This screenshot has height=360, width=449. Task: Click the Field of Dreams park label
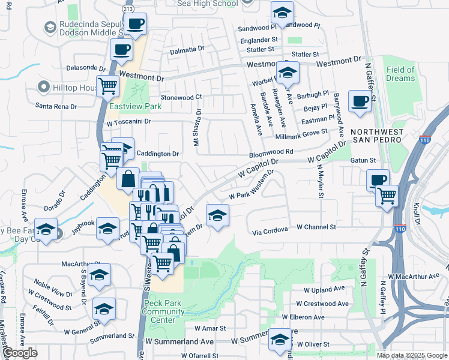click(400, 74)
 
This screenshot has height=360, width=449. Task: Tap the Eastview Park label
click(136, 106)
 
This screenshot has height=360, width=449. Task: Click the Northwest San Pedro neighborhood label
click(383, 136)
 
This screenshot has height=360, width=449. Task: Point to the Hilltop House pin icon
click(43, 88)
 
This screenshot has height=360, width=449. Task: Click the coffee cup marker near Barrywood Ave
click(360, 101)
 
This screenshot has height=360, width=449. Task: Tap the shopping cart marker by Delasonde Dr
click(107, 85)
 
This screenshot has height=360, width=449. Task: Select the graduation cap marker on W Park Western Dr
click(217, 215)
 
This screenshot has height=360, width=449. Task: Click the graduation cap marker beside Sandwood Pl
click(282, 12)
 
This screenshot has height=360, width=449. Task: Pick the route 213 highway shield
click(127, 10)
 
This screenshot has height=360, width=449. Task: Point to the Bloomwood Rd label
click(271, 153)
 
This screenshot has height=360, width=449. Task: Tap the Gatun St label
click(363, 161)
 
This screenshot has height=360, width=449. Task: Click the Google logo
click(20, 353)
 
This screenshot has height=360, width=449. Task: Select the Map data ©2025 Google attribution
click(411, 355)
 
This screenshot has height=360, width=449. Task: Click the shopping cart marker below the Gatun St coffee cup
click(387, 195)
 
